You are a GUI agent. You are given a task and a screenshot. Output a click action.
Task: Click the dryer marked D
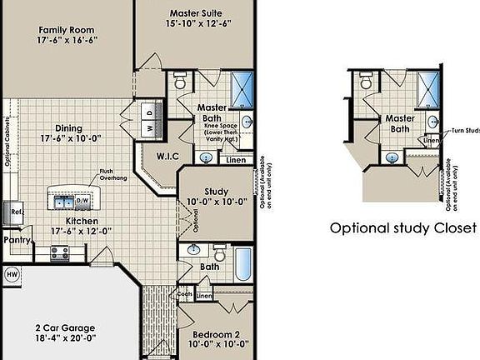tap(149, 111)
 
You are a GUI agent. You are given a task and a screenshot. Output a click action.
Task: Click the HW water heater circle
tap(12, 272)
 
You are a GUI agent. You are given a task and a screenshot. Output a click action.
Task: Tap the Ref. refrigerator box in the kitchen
tap(16, 212)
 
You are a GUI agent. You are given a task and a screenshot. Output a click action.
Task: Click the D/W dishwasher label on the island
tap(82, 201)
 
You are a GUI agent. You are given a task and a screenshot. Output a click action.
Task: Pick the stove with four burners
tap(60, 252)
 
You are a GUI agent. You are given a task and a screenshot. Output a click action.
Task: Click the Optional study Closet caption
tap(402, 227)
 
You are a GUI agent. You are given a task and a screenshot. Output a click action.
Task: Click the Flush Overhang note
tap(112, 173)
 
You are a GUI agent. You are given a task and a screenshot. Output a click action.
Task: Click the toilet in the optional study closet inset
tap(366, 81)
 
